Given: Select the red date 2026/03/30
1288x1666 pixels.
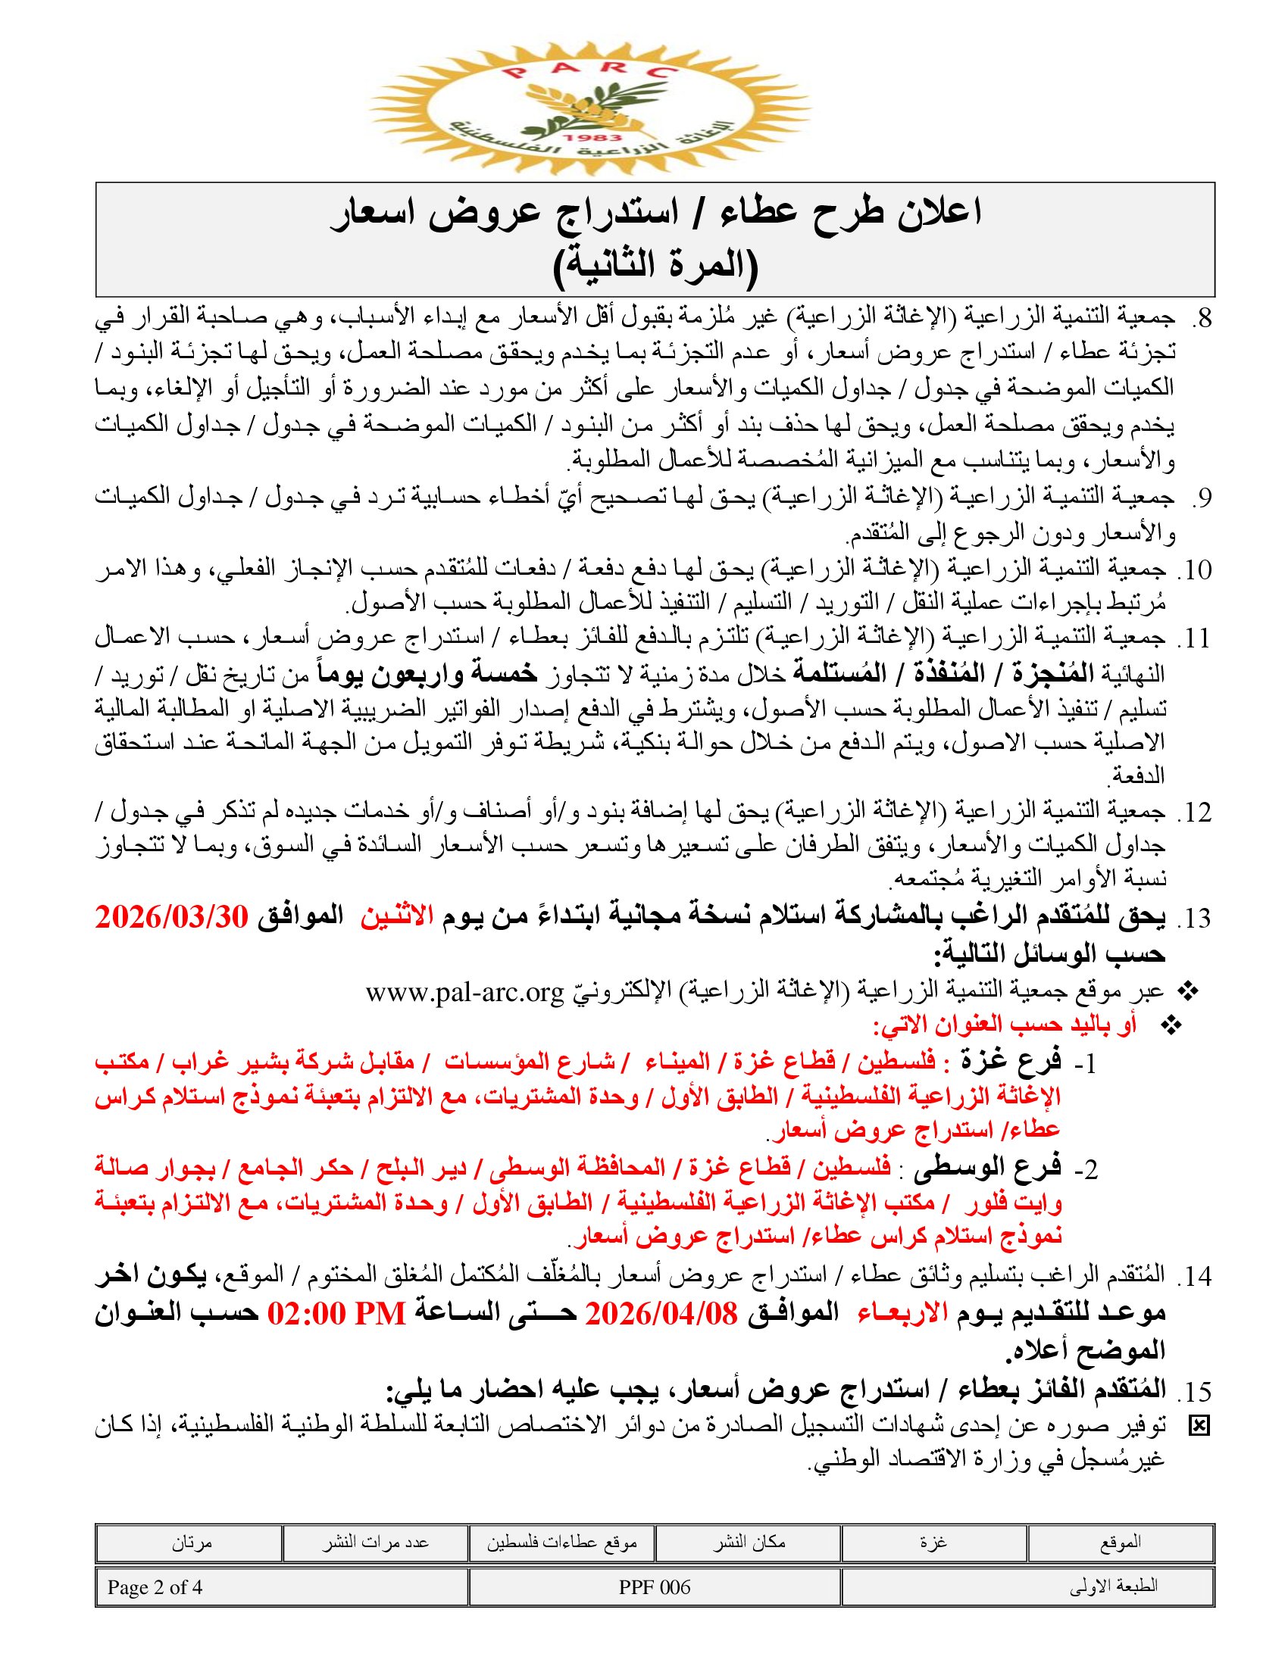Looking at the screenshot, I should click(173, 917).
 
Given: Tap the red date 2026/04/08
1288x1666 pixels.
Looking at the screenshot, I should click(661, 1314).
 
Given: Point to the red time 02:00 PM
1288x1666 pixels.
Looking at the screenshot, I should click(336, 1314).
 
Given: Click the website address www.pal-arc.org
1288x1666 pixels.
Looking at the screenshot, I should click(464, 993).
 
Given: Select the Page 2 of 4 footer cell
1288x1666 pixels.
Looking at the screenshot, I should click(282, 1587).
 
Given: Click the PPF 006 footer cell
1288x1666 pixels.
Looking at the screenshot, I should click(655, 1587).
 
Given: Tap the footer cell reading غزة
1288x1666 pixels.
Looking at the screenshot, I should click(934, 1542).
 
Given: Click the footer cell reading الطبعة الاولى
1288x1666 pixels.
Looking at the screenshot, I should click(1028, 1587).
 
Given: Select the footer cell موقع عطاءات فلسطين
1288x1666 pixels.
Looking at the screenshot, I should click(561, 1542).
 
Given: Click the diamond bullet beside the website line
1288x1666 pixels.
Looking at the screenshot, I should click(1187, 992).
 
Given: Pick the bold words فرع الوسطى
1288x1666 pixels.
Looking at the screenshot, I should click(982, 1168).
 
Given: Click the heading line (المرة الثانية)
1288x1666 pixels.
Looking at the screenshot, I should click(655, 264).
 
